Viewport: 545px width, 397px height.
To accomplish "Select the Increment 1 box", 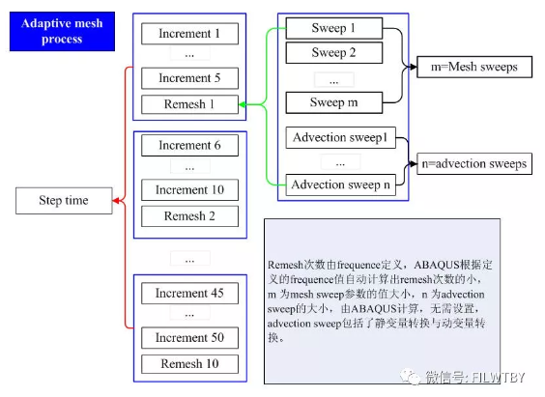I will point(190,34).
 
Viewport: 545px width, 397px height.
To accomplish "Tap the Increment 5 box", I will point(190,78).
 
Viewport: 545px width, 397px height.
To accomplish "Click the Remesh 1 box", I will point(190,103).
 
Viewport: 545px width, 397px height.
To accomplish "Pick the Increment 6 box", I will point(190,146).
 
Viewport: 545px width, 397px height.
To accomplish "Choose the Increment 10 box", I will point(190,190).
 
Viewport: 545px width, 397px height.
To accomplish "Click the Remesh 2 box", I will point(190,216).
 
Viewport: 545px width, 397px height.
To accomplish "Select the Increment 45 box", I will point(190,294).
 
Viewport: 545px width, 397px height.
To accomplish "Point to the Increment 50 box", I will point(190,338).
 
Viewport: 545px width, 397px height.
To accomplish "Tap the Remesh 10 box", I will point(190,364).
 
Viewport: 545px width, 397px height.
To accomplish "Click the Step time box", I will point(64,201).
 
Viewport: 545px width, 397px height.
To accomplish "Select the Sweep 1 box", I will point(334,28).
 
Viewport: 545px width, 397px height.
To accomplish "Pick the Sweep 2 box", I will point(334,52).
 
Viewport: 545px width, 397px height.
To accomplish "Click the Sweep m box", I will point(334,102).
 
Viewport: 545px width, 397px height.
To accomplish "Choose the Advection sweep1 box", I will point(340,138).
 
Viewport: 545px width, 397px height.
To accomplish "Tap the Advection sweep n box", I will point(340,184).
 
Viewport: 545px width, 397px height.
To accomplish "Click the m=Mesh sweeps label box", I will point(473,67).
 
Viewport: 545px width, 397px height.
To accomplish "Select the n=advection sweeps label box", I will point(473,163).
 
